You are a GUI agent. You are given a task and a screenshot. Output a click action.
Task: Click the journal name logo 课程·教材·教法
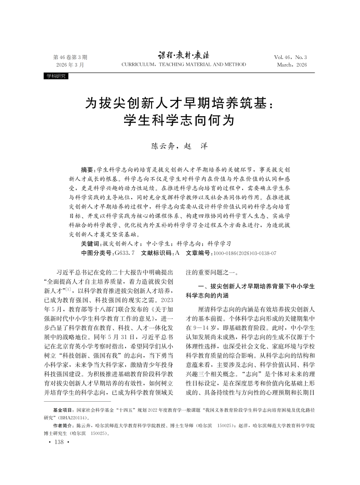click(184, 56)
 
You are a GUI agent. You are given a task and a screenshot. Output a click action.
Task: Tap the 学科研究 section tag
click(55, 76)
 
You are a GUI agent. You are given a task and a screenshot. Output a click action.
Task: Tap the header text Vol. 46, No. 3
click(290, 58)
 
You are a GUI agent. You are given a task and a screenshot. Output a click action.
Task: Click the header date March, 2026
click(292, 65)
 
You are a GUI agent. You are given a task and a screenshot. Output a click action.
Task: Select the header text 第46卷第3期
click(70, 58)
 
